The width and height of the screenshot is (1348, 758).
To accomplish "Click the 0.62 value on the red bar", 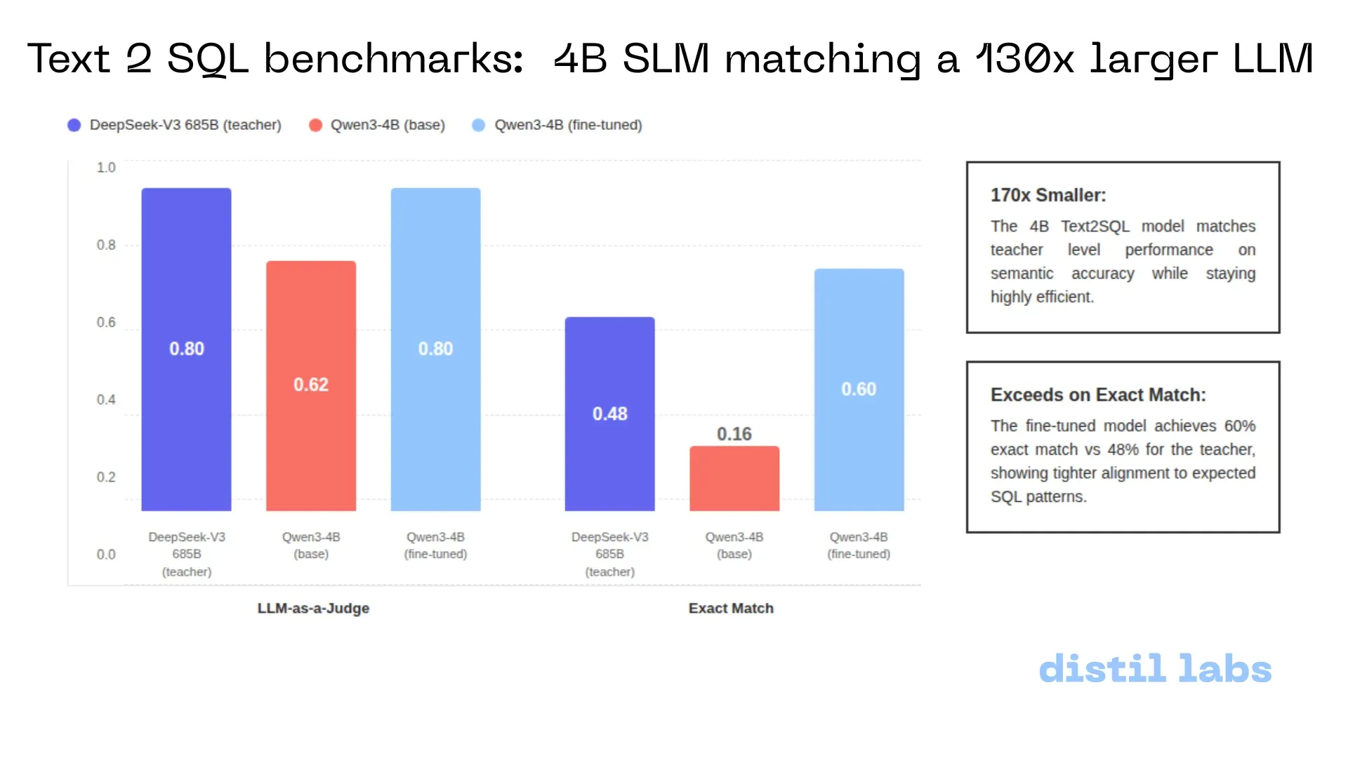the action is tap(311, 385).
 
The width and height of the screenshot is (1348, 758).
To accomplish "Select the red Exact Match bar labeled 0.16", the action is tap(734, 478).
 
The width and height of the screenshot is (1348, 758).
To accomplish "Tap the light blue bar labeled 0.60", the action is tap(859, 390).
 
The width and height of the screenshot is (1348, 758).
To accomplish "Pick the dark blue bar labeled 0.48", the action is tap(610, 414).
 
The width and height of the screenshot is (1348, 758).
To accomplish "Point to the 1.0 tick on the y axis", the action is tap(106, 168).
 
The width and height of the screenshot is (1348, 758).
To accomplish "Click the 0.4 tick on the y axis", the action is tap(106, 399).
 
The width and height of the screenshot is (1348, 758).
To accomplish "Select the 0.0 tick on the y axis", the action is tap(106, 554).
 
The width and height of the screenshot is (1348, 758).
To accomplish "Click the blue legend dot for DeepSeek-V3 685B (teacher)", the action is tap(74, 125).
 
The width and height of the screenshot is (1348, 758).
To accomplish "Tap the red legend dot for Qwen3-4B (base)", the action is tap(315, 125).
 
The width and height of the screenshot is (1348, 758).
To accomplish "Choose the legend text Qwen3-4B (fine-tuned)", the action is tap(569, 125).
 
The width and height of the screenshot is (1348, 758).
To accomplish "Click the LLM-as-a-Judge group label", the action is tap(313, 609).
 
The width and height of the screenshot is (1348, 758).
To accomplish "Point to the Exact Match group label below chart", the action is tap(731, 609).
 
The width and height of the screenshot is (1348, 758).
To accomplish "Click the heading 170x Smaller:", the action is tap(1048, 195).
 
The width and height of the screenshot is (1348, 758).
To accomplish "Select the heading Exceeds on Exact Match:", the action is tap(1098, 395).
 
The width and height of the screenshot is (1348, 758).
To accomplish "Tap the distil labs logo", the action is tap(1155, 669).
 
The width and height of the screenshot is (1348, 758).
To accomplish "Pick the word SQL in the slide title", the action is tap(208, 59).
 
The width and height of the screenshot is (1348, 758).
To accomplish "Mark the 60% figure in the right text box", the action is tap(1240, 426).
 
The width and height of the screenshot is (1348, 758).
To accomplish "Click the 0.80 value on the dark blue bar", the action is tap(187, 349).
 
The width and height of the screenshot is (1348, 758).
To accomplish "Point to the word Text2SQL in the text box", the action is tap(1095, 227).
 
